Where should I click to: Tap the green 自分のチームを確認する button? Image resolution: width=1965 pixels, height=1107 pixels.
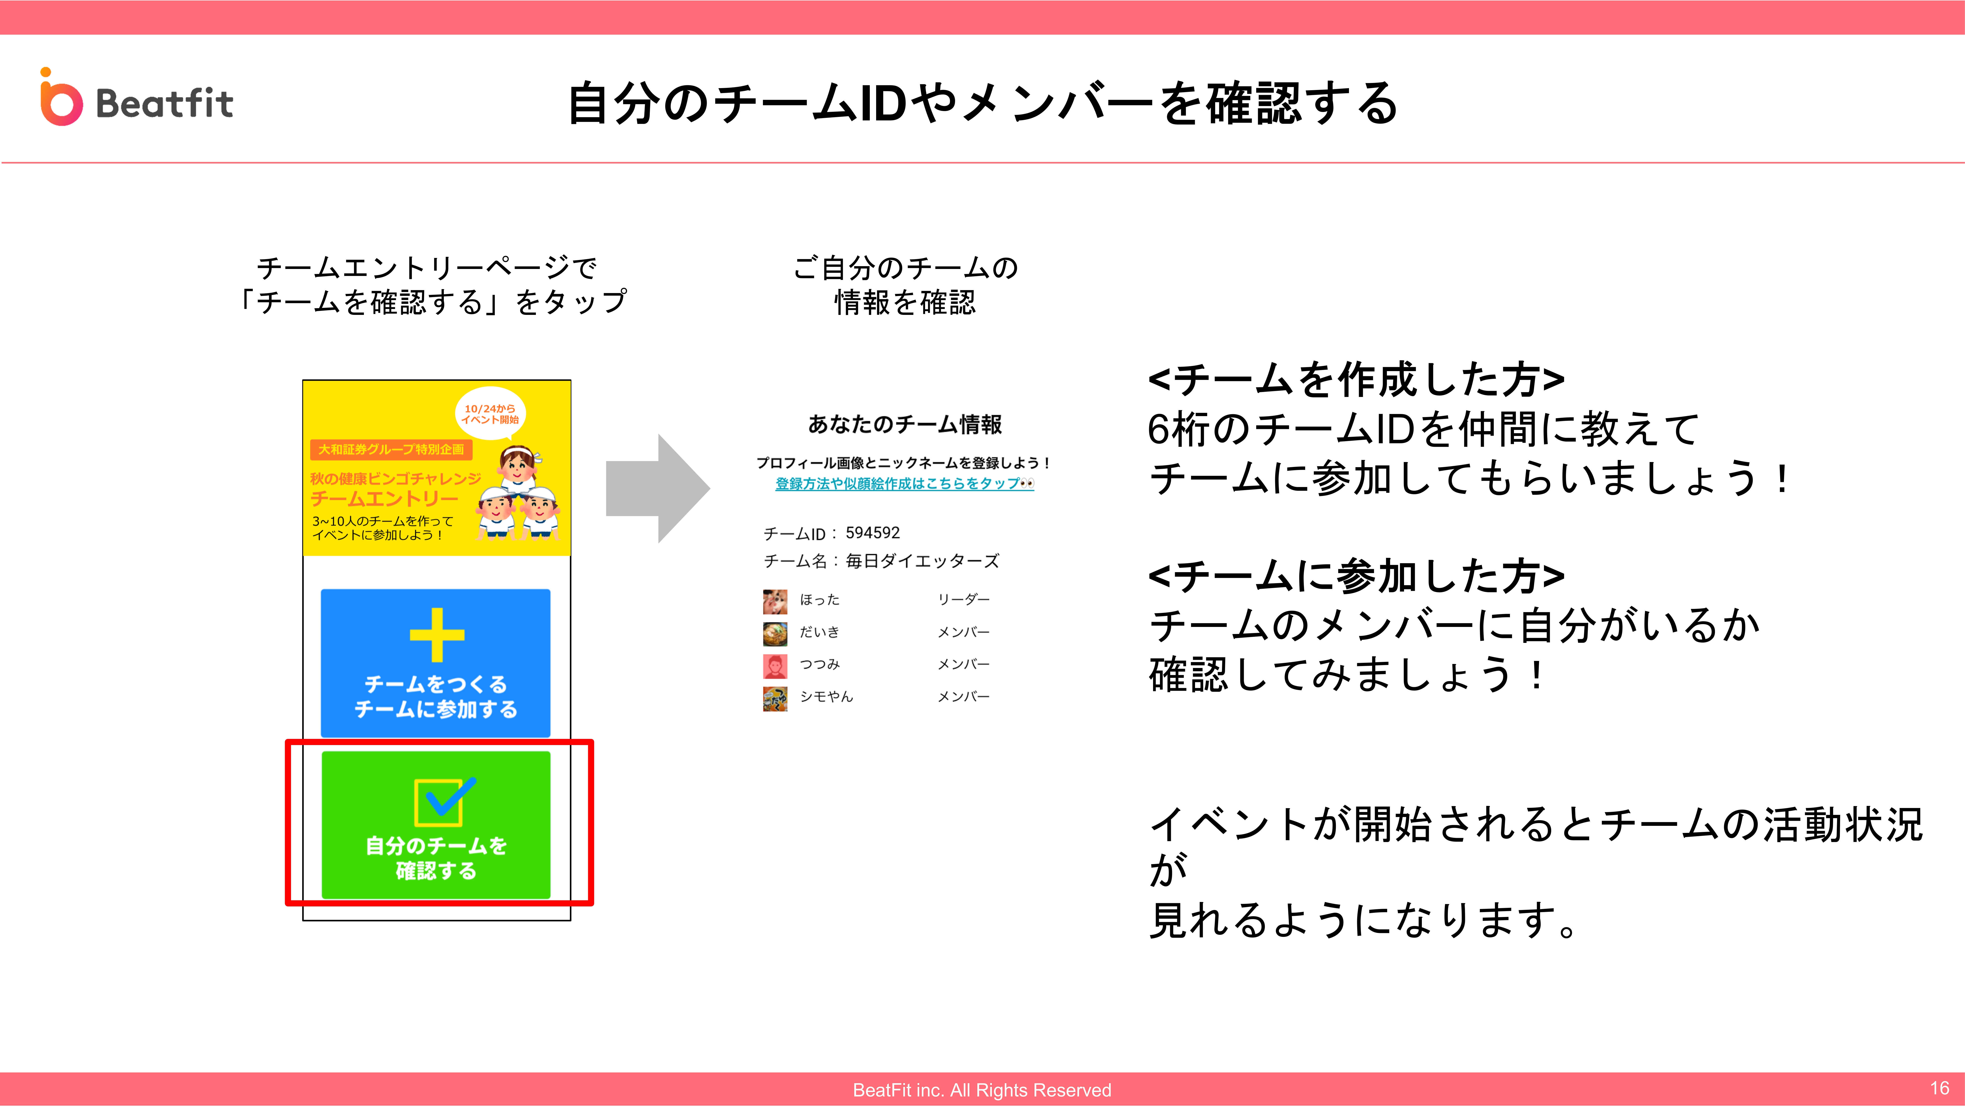tap(436, 825)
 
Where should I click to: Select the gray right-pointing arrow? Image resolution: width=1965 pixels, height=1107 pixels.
tap(657, 488)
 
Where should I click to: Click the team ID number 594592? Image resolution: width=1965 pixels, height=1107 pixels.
tap(873, 533)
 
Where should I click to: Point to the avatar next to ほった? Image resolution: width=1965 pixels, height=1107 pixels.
tap(775, 601)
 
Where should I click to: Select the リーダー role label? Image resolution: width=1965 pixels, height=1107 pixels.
tap(964, 600)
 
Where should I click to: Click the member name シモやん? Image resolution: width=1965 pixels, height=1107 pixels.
tap(826, 697)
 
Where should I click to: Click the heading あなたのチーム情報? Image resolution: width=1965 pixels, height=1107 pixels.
tap(905, 424)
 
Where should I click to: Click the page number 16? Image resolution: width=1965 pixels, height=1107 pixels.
tap(1940, 1088)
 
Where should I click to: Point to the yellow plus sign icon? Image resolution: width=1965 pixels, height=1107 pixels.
tap(436, 635)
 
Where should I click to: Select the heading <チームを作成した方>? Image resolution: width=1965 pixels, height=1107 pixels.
tap(1356, 380)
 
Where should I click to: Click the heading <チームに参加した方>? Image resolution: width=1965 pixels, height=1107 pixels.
tap(1356, 576)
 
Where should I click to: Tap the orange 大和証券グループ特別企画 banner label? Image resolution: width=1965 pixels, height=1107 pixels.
tap(391, 449)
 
